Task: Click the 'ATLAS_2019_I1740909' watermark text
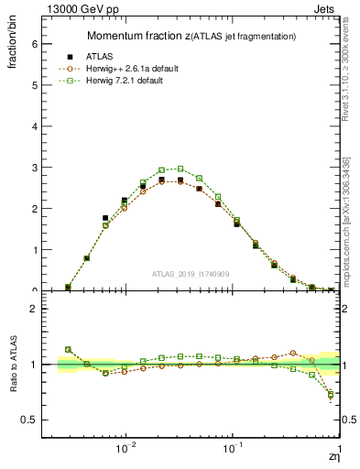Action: pos(190,273)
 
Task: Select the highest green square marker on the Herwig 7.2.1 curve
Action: pos(180,169)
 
